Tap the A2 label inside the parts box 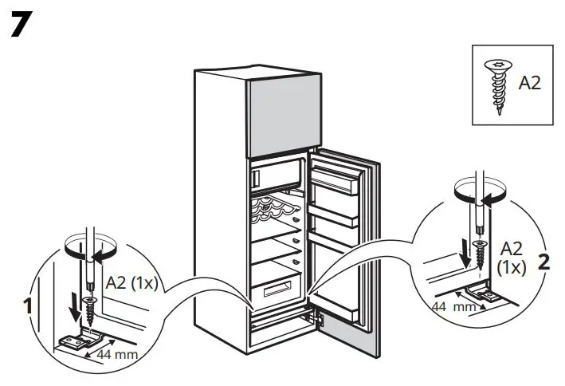click(x=529, y=84)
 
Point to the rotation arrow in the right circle click(x=477, y=191)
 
